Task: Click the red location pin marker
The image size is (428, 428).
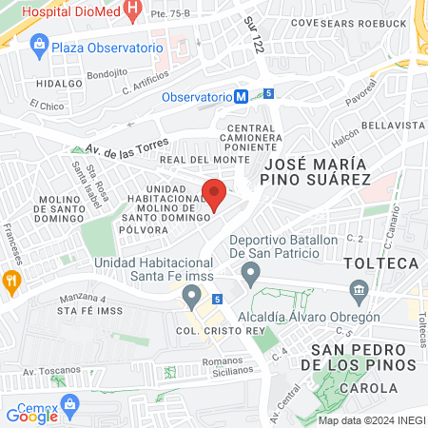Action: (x=214, y=193)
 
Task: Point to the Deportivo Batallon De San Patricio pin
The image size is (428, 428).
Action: (x=250, y=276)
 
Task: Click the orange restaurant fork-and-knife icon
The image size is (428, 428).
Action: (x=11, y=280)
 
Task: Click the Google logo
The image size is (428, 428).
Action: (x=31, y=416)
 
